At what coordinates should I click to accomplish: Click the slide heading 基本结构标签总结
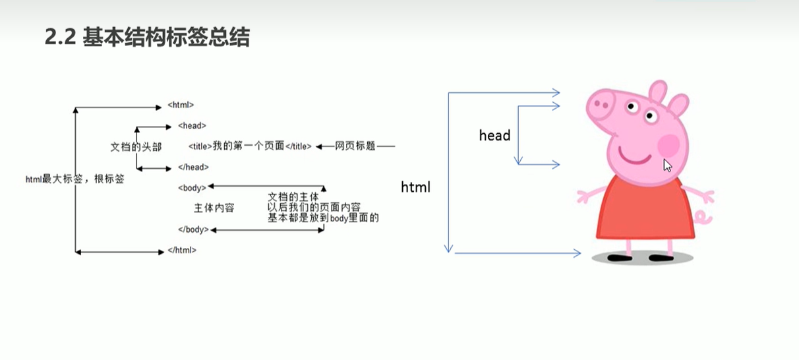coord(147,38)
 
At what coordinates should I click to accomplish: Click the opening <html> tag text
coord(181,105)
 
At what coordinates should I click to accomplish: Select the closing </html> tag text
coord(182,251)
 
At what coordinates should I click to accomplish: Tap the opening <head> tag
coord(192,125)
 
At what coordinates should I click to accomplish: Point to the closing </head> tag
coord(193,167)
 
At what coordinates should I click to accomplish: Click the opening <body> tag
coord(192,188)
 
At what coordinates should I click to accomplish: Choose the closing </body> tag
coord(193,229)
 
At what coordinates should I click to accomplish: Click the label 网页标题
coord(355,146)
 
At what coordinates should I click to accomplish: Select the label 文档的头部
coord(135,146)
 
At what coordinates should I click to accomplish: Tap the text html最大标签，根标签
coord(74,179)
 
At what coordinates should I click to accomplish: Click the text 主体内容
coord(214,208)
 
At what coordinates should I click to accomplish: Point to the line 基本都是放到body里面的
coord(323,218)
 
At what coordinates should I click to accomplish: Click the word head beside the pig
coord(494,136)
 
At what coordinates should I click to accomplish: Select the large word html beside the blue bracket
coord(415,187)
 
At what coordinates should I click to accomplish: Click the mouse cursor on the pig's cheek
coord(667,165)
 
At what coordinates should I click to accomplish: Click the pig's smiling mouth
coord(634,159)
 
